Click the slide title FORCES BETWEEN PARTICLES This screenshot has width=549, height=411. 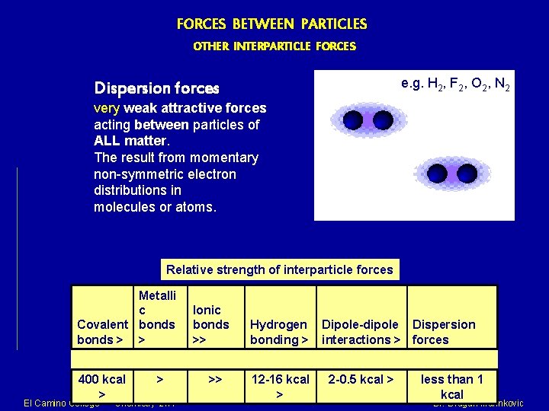click(x=271, y=24)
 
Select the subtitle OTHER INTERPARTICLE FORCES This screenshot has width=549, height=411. click(x=274, y=46)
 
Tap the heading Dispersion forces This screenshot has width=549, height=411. click(x=156, y=88)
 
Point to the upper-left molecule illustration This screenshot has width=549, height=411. click(x=368, y=119)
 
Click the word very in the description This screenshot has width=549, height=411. click(x=107, y=108)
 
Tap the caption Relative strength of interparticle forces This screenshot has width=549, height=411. click(x=279, y=269)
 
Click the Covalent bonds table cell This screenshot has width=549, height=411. click(x=102, y=332)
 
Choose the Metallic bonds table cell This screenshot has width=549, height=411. click(x=157, y=317)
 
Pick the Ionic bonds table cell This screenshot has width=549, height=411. click(x=210, y=324)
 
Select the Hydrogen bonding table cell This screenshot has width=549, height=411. click(x=278, y=332)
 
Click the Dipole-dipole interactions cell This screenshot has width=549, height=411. click(x=361, y=332)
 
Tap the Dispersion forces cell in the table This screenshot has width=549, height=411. click(x=443, y=332)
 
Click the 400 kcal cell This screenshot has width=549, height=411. click(x=101, y=386)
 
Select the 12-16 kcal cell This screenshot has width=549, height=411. click(x=279, y=386)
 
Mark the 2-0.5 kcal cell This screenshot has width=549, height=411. click(x=360, y=379)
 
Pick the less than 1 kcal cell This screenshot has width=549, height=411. click(x=451, y=386)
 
